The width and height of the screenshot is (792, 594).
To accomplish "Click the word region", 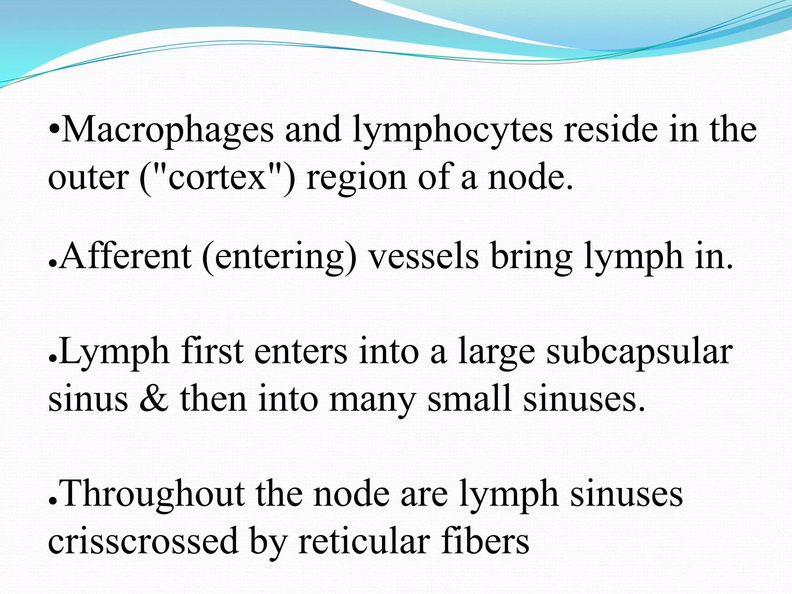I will [356, 179].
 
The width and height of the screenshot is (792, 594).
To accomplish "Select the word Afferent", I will [126, 256].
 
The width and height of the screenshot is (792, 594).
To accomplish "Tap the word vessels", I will [423, 256].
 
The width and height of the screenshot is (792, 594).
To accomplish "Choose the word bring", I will [532, 257].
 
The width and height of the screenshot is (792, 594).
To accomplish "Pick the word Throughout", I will [153, 495].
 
